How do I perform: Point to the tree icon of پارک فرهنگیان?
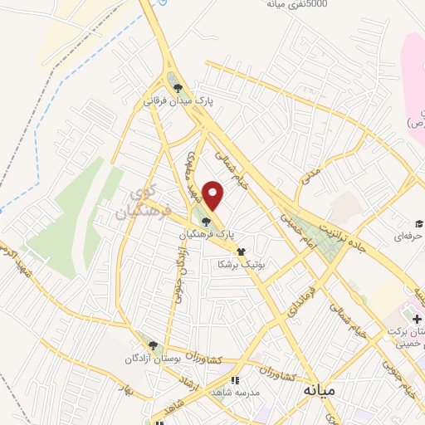[206, 221]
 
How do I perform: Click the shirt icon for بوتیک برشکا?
[241, 252]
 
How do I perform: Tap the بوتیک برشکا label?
[239, 265]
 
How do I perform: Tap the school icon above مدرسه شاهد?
[234, 379]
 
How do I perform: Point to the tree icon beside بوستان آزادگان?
[152, 344]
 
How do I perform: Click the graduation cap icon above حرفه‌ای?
[420, 223]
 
